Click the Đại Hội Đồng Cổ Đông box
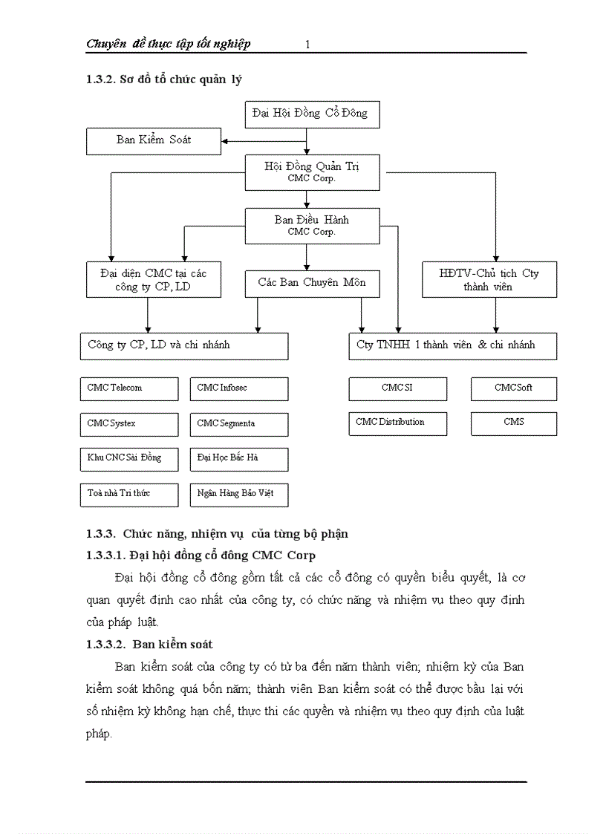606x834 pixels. click(312, 114)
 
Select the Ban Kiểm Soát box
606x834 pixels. click(154, 140)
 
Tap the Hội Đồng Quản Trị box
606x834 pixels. click(312, 172)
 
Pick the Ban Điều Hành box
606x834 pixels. click(312, 225)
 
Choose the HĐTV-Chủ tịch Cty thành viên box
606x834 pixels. click(489, 280)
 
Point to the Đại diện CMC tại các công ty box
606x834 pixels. click(154, 280)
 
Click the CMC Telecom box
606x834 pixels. click(129, 388)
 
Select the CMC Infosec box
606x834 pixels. click(239, 388)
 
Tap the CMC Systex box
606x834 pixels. click(129, 424)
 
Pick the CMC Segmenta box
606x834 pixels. click(239, 424)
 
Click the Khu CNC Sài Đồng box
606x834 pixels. click(129, 459)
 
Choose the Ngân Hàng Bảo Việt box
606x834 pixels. click(239, 495)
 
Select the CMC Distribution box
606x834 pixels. click(398, 423)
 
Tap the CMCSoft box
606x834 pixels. click(513, 388)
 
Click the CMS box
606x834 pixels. click(513, 423)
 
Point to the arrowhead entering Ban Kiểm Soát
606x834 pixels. click(225, 141)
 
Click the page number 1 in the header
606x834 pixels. click(307, 45)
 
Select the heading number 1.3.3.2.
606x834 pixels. click(107, 644)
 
